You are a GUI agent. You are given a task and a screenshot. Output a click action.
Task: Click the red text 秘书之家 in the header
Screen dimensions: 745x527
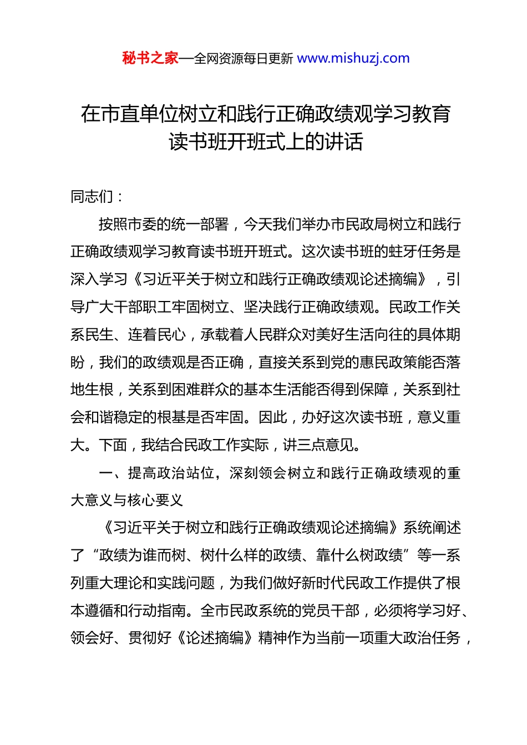tap(150, 58)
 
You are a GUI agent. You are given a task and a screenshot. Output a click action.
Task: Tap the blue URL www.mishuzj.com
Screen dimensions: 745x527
tap(353, 58)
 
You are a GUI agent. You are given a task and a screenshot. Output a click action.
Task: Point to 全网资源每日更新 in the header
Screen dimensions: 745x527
tap(244, 59)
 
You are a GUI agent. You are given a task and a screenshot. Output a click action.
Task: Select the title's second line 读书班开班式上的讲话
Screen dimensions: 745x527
tap(266, 142)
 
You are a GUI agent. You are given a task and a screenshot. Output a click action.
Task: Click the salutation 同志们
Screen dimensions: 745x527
tap(92, 197)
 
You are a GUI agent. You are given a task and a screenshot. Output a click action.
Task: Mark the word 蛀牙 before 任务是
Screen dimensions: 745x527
tap(403, 252)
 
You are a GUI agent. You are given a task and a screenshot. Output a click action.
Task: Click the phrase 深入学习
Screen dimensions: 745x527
tap(99, 279)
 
